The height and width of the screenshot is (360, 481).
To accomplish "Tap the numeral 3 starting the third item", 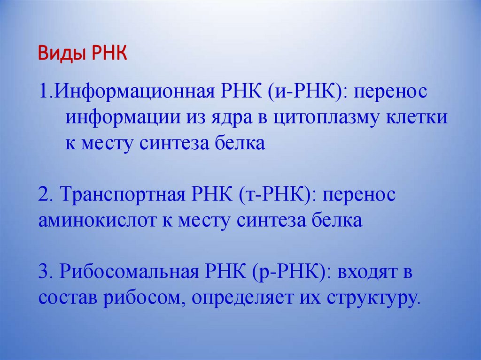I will point(42,273).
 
